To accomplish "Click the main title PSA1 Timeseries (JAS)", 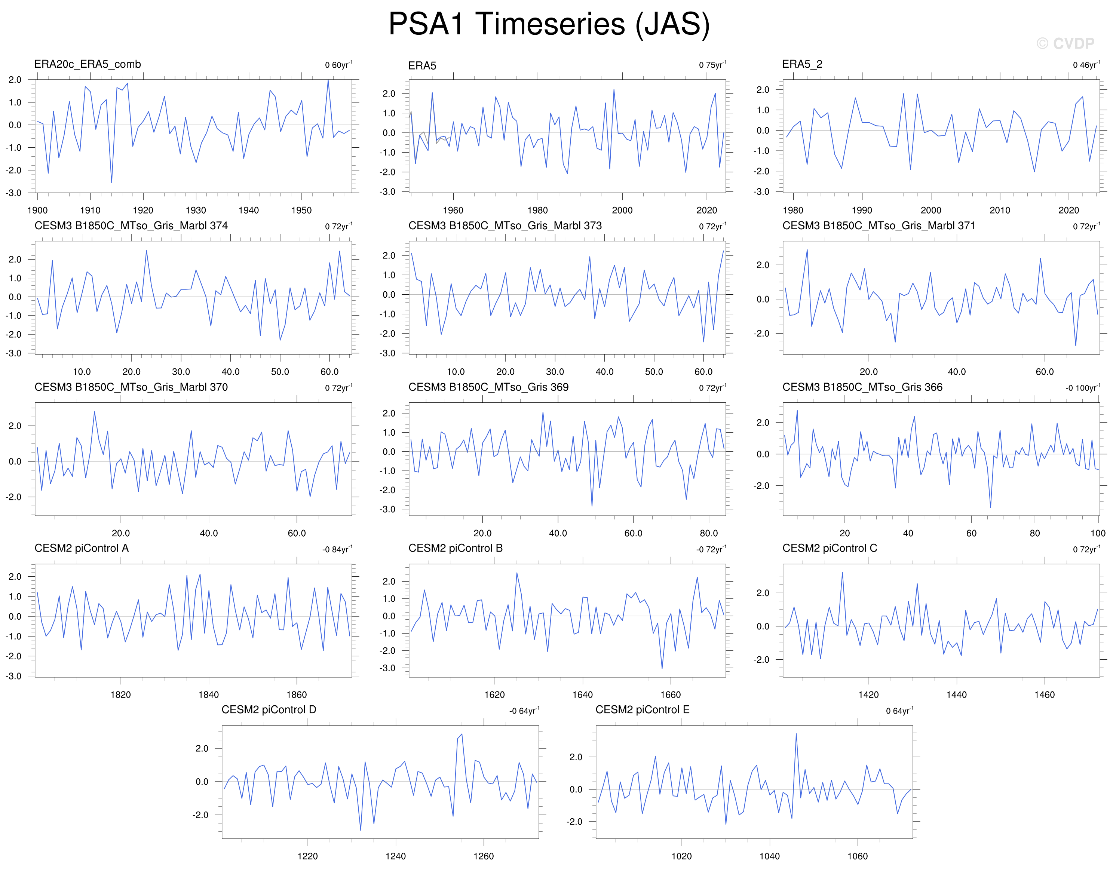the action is tap(549, 24).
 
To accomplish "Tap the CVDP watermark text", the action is tap(1065, 43).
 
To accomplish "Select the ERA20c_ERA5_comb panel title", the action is tap(88, 64).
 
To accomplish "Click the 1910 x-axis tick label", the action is tap(90, 210).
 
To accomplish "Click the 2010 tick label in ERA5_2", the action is tap(999, 210).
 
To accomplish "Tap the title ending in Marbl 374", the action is tap(131, 226).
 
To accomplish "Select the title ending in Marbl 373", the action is tap(505, 226).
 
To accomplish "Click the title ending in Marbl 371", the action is tap(879, 226).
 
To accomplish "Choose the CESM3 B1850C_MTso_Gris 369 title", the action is tap(488, 387).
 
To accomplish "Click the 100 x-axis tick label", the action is tap(1098, 533).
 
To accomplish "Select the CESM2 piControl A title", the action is tap(82, 548).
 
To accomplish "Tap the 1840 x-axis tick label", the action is tap(209, 694).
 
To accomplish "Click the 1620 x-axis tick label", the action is tap(494, 694).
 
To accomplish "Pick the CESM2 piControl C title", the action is tap(830, 548).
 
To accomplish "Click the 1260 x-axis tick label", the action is tap(483, 856).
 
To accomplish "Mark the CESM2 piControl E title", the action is tap(643, 710).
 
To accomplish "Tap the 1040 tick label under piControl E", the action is tap(769, 856).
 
